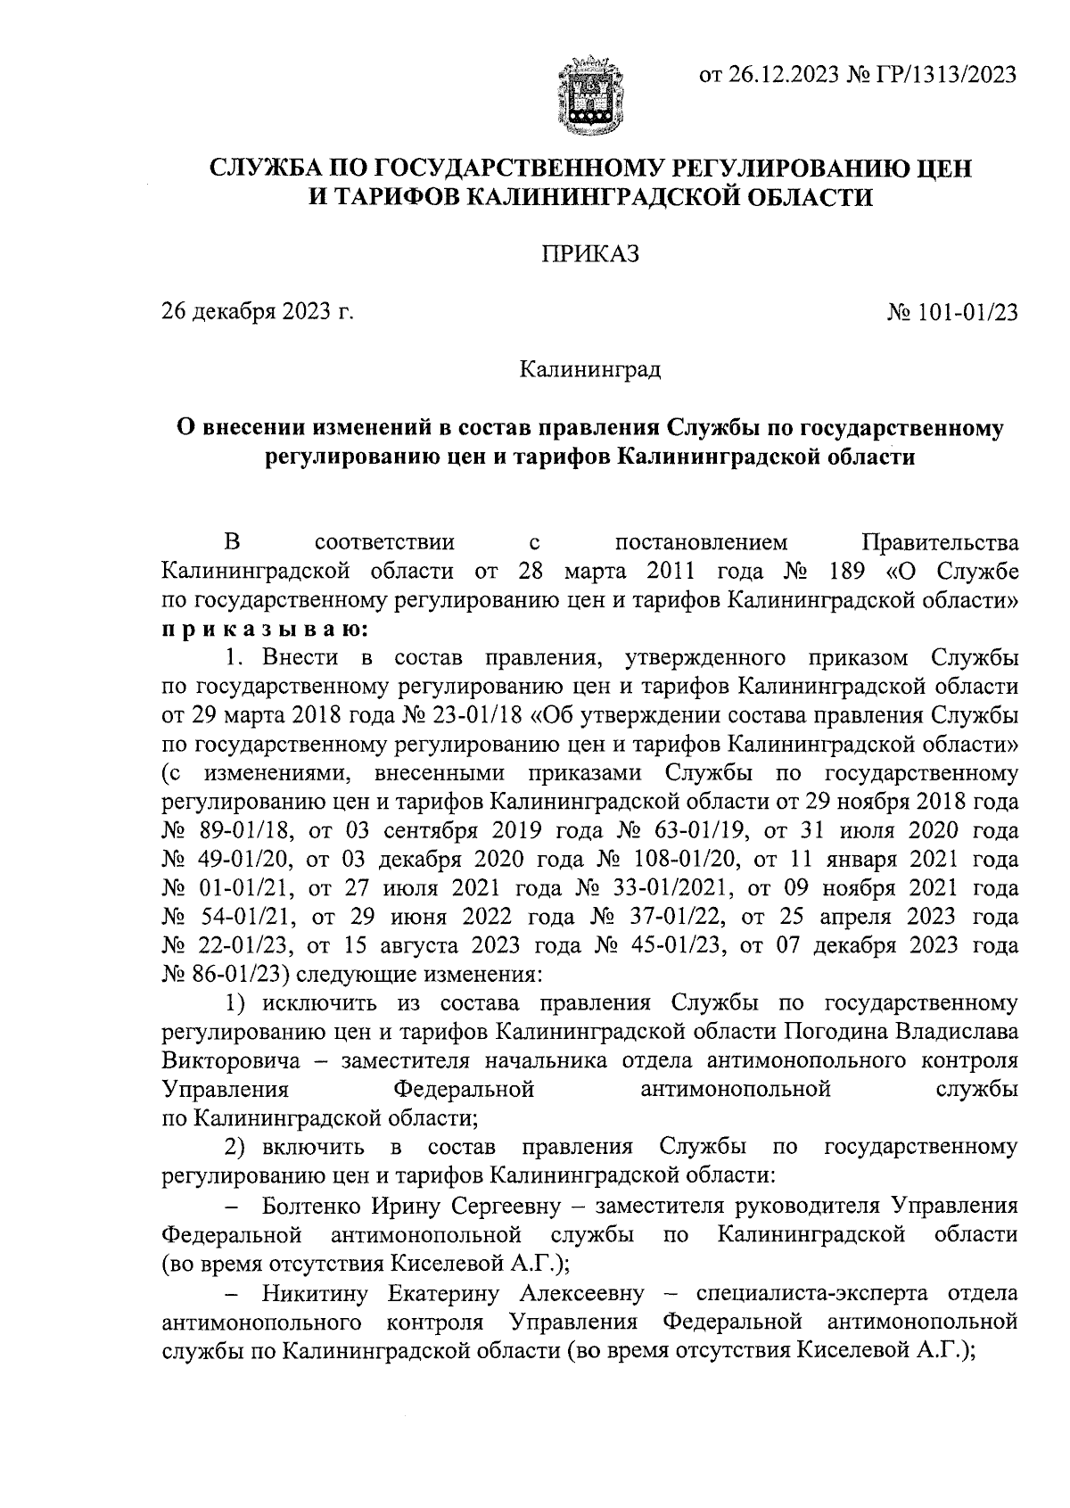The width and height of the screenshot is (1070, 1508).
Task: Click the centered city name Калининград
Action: point(590,368)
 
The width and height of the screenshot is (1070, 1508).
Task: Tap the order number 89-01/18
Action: point(236,831)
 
